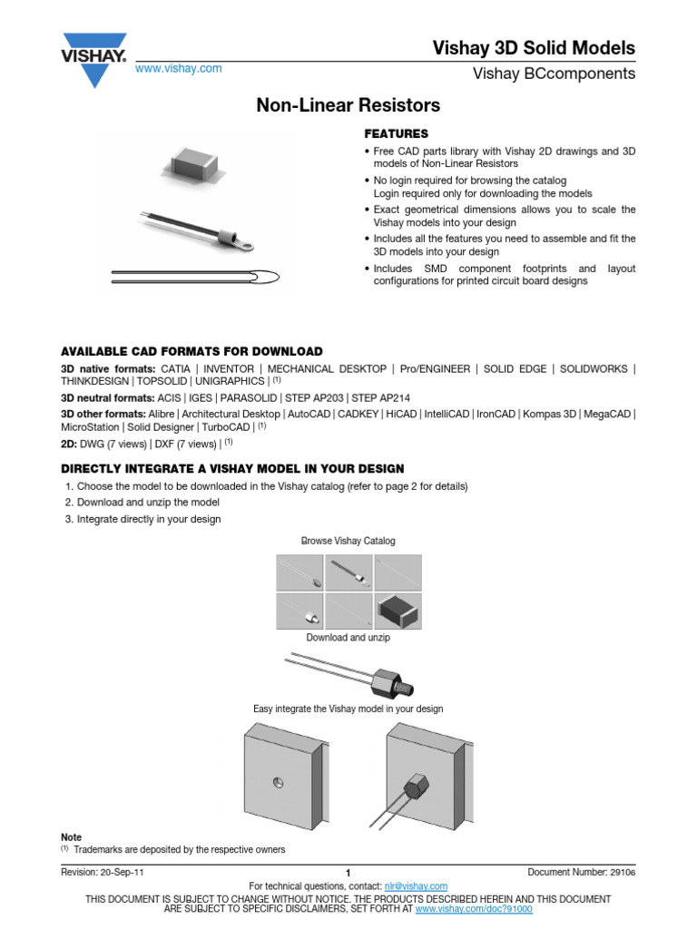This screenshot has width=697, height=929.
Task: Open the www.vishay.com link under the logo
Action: click(x=178, y=69)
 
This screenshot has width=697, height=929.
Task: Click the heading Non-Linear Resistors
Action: click(x=348, y=105)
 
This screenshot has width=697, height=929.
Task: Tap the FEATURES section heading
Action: click(x=396, y=133)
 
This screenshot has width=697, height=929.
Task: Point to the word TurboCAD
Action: click(x=226, y=425)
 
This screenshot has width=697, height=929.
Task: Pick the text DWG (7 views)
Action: click(x=104, y=444)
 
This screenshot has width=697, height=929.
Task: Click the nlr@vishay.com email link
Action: click(x=416, y=886)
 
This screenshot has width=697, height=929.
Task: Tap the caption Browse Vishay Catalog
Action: click(x=348, y=541)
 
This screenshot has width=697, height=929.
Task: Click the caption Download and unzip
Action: click(x=348, y=637)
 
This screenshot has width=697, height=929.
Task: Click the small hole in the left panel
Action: click(x=279, y=783)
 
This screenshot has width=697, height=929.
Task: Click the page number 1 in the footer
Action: click(x=348, y=873)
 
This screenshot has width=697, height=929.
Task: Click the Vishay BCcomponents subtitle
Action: click(x=555, y=73)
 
